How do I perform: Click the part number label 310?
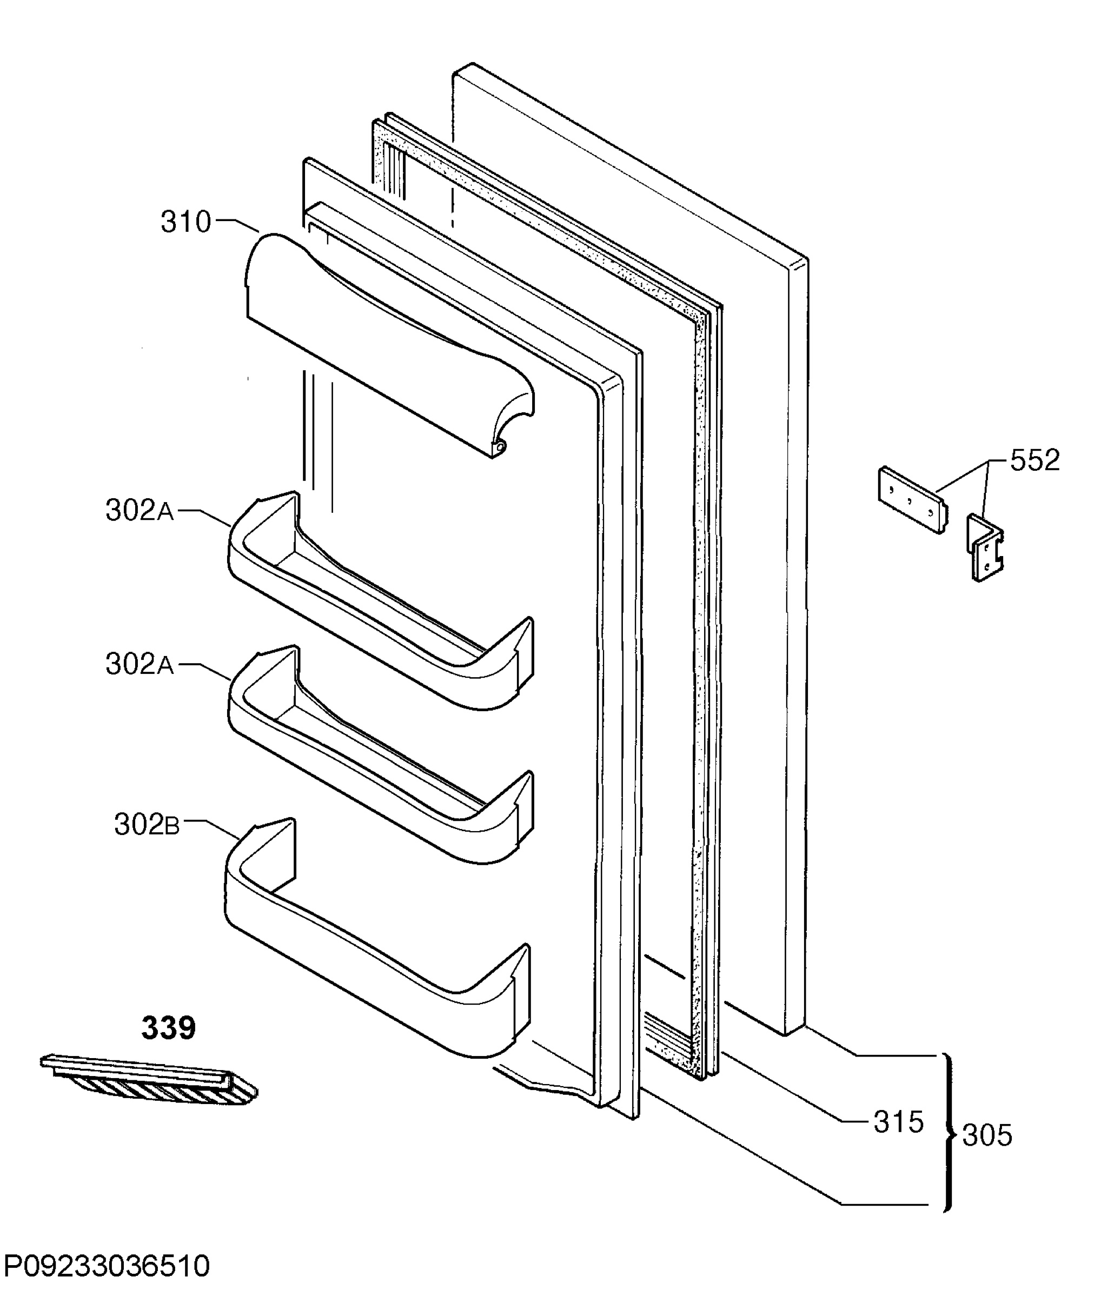pos(186,222)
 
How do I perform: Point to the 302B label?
pos(147,825)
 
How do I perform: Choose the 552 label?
pos(1035,460)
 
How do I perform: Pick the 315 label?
pos(899,1122)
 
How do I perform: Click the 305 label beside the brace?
pos(987,1135)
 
